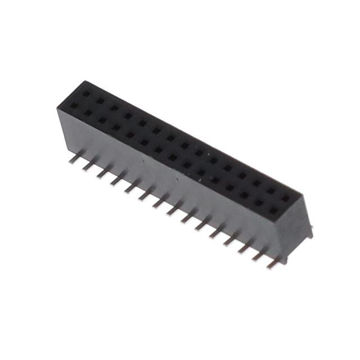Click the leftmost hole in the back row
click(86, 93)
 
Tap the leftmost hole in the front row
click(74, 105)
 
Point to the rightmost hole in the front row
click(273, 210)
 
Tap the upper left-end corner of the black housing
click(59, 106)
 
